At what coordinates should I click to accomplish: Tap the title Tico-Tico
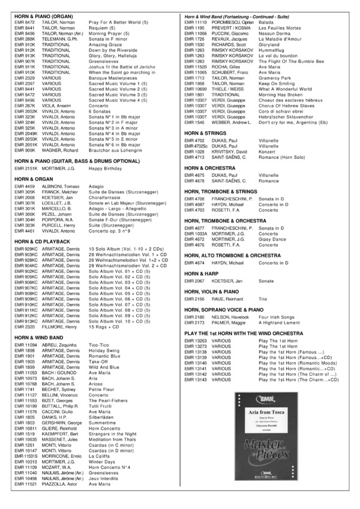(x=99, y=345)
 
